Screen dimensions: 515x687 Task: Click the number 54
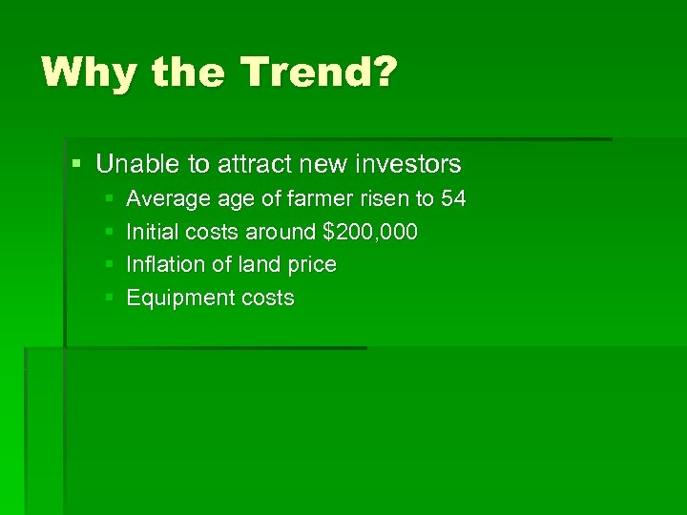(x=453, y=199)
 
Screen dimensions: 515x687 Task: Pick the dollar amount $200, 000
(x=370, y=232)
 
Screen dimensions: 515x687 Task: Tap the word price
(x=313, y=265)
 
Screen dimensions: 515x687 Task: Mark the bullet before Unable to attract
(x=76, y=165)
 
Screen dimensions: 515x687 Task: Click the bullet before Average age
(x=109, y=200)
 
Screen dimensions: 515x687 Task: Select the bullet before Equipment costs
(x=109, y=299)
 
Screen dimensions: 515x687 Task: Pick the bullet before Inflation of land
(x=109, y=265)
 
